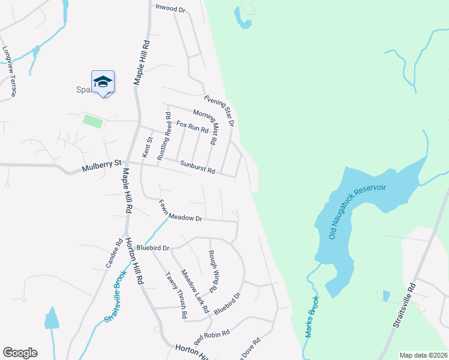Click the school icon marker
pyautogui.click(x=103, y=82)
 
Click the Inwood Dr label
pyautogui.click(x=171, y=8)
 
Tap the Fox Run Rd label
pyautogui.click(x=188, y=126)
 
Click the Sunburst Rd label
pyautogui.click(x=197, y=166)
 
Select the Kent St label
pyautogui.click(x=147, y=147)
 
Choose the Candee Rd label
pyautogui.click(x=114, y=256)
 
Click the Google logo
pyautogui.click(x=20, y=353)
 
